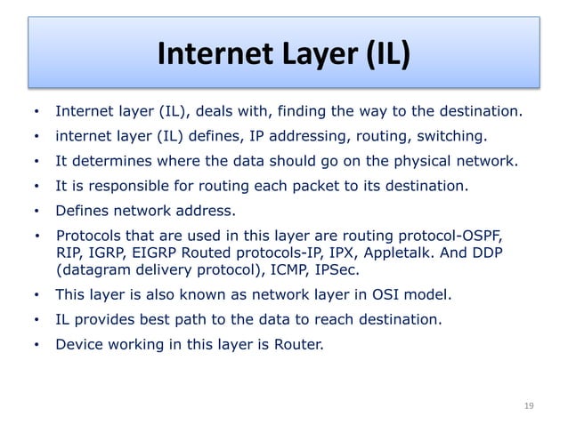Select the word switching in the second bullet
pos(453,137)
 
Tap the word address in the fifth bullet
pos(206,212)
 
